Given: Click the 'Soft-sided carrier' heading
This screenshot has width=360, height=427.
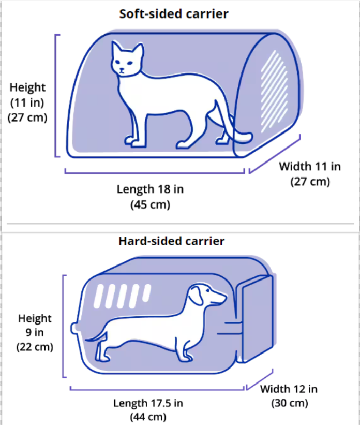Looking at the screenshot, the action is (174, 14).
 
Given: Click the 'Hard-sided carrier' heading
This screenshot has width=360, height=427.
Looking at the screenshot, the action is (171, 241).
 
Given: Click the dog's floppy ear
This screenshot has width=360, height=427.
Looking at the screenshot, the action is (196, 295).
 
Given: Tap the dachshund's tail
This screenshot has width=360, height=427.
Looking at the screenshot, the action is (95, 336).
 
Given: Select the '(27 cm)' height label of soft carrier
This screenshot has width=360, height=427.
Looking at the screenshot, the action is (27, 117).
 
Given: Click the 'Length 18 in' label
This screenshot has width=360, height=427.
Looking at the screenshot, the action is (150, 189).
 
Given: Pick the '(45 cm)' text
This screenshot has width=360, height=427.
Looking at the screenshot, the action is (150, 204).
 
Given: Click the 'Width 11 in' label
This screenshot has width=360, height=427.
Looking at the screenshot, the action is (310, 166).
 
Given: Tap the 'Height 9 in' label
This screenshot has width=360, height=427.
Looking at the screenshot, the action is (35, 325).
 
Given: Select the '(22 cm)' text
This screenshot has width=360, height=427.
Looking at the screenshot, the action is (35, 347).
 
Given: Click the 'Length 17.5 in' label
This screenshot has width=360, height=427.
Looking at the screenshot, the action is (148, 403).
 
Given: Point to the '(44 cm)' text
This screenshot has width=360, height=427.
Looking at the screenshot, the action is (148, 417).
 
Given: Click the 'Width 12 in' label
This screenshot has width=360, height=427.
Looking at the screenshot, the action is (289, 389).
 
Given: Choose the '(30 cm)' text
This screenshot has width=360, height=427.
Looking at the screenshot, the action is (290, 403).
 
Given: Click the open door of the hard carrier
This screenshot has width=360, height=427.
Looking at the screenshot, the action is (256, 319).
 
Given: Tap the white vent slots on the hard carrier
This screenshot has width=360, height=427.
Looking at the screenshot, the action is (122, 296).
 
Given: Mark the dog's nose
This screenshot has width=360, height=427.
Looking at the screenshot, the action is (224, 296).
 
